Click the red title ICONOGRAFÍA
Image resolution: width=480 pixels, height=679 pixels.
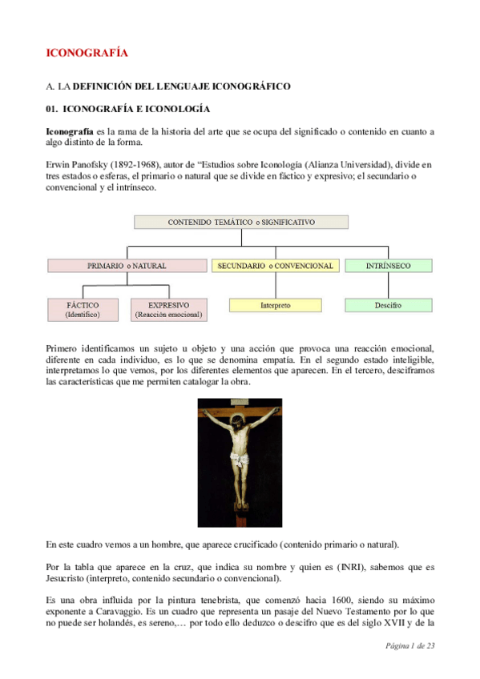tap(87, 54)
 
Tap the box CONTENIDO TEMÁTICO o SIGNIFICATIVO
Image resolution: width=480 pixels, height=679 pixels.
tap(240, 222)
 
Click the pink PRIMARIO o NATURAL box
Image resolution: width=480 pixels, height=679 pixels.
tap(127, 265)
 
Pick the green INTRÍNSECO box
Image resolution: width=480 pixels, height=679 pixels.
tap(388, 265)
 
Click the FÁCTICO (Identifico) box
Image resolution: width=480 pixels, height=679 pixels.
tap(83, 309)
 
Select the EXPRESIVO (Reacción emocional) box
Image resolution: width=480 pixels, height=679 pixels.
tap(168, 309)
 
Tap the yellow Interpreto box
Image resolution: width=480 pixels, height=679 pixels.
tap(275, 305)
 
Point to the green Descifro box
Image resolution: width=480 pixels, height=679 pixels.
tap(388, 305)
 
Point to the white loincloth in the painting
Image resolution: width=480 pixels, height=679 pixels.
tap(238, 460)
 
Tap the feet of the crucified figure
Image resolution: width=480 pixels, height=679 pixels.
tap(239, 511)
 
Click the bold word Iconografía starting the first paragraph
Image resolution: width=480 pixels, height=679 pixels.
tap(70, 131)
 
